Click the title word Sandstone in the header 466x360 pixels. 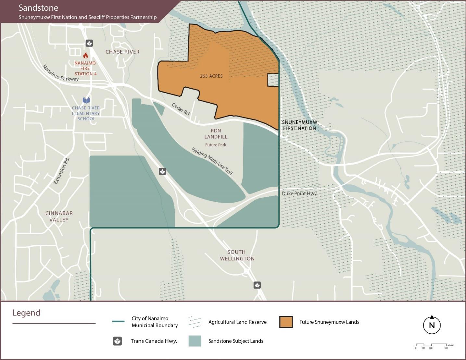(38, 8)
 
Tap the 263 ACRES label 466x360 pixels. (211, 76)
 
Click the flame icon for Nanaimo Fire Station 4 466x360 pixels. (86, 56)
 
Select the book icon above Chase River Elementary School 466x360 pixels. (86, 100)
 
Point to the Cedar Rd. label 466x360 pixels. (181, 109)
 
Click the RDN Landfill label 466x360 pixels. (216, 134)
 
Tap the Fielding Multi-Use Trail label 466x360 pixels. (212, 161)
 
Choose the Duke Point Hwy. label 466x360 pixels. (299, 193)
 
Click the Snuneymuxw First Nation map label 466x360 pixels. (299, 125)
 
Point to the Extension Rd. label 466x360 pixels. (61, 171)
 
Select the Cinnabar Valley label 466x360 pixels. (59, 217)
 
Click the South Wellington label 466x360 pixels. (237, 255)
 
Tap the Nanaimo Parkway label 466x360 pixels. (60, 73)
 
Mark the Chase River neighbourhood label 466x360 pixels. (122, 52)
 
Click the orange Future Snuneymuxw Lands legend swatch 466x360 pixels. (286, 322)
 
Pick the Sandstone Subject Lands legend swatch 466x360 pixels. (195, 341)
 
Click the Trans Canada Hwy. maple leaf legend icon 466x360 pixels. (117, 341)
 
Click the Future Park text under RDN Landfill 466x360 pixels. (216, 145)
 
